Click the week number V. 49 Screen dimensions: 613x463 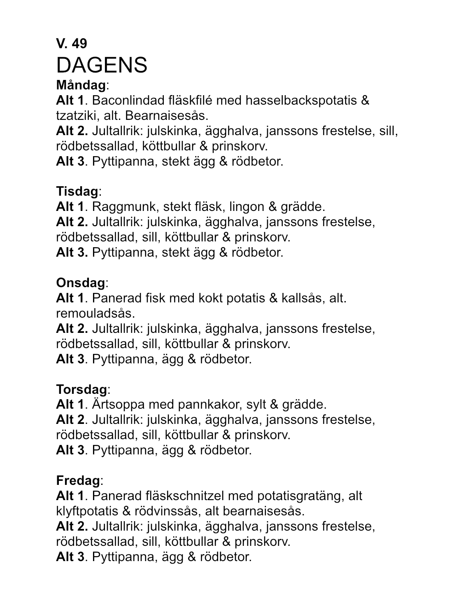[x=72, y=43]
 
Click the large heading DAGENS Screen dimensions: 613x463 [x=102, y=65]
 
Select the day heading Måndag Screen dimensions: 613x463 [x=81, y=85]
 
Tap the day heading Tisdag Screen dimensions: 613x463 [x=77, y=191]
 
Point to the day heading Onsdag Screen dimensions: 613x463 [x=81, y=283]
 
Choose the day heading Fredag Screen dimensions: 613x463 [x=78, y=480]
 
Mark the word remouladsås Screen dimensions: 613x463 [x=95, y=314]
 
